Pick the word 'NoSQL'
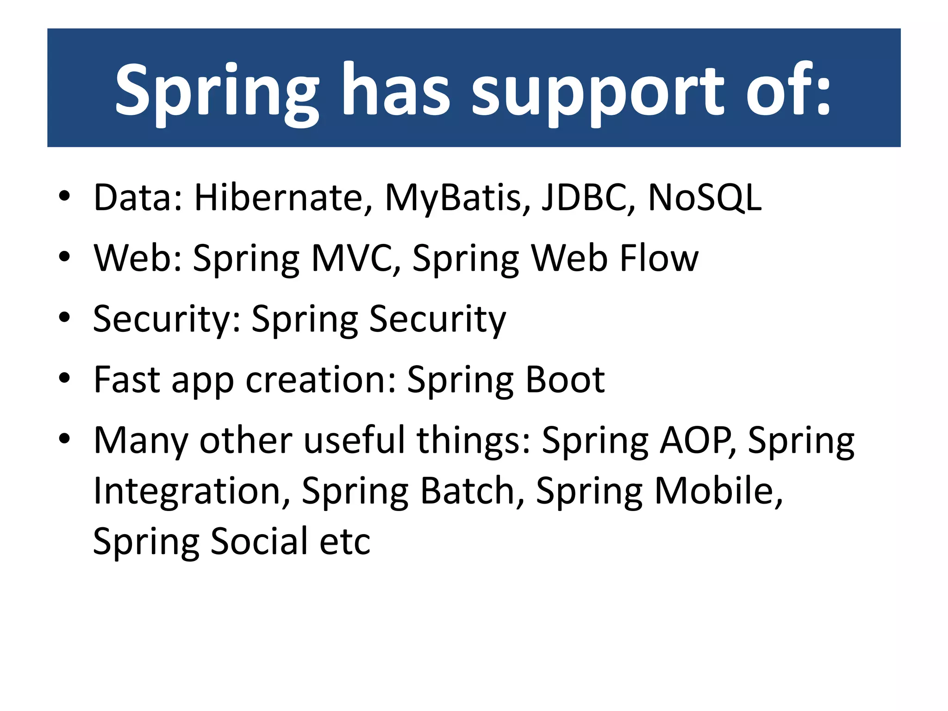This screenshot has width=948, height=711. [x=704, y=199]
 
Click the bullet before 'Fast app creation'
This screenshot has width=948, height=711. [x=64, y=378]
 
